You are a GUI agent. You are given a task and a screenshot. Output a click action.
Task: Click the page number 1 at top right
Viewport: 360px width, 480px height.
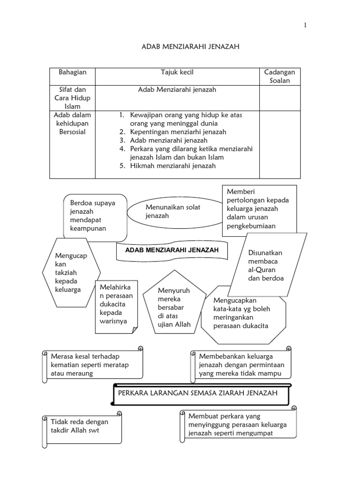[x=305, y=25]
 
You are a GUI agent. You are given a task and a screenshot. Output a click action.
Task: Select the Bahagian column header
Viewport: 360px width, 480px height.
[x=72, y=72]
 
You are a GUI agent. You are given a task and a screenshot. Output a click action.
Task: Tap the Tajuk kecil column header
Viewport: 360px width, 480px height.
[x=177, y=72]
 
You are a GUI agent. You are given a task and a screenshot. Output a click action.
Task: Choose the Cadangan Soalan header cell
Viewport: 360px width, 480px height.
[x=280, y=76]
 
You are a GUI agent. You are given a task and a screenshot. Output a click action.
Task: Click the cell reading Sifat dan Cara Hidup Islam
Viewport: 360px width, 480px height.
[x=73, y=97]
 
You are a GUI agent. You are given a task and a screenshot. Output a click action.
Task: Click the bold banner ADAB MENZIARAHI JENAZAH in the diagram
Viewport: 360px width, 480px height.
[x=172, y=250]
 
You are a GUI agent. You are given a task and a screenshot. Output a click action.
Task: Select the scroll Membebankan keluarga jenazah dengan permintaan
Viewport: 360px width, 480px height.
[x=241, y=365]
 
